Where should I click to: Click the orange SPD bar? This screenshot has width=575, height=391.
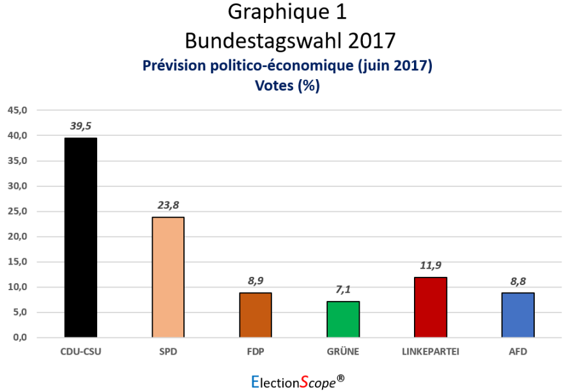click(168, 277)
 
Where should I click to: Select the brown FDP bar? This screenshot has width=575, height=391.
click(256, 315)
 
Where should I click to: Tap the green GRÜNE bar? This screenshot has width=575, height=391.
click(343, 320)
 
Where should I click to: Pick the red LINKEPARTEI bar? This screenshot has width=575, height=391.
click(431, 307)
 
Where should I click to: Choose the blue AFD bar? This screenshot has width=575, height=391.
click(518, 315)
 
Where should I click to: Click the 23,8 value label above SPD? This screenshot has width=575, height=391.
click(168, 205)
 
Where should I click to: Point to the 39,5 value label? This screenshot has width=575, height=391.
click(80, 126)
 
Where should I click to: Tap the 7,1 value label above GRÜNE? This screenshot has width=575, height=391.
click(343, 290)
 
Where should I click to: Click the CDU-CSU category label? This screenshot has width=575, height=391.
click(80, 351)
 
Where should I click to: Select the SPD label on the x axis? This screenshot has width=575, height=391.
click(168, 351)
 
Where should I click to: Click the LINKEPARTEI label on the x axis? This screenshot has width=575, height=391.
click(431, 351)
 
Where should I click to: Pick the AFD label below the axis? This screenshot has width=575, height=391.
click(518, 351)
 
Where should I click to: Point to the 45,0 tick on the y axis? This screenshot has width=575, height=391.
click(18, 110)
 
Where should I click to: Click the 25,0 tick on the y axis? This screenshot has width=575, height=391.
click(18, 211)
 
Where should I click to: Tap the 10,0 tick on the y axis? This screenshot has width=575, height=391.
click(18, 287)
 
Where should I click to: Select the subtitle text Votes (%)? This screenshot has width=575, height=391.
click(287, 86)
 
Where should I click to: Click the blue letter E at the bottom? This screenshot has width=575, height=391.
click(255, 381)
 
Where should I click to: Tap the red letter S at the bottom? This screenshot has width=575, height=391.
click(304, 381)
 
